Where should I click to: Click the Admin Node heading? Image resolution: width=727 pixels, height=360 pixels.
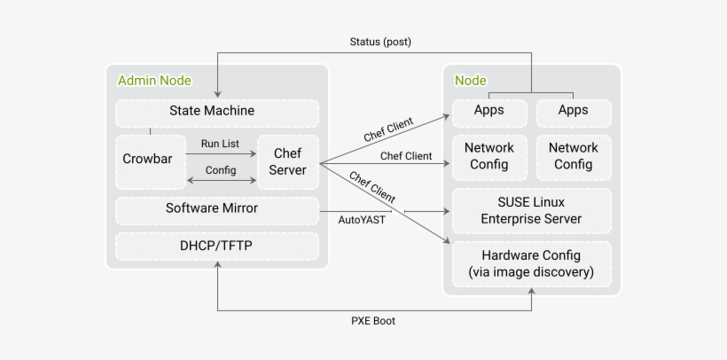pyautogui.click(x=153, y=81)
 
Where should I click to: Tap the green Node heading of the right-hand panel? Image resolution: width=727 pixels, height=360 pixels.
pyautogui.click(x=470, y=81)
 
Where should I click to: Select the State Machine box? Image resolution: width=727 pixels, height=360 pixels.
pyautogui.click(x=216, y=112)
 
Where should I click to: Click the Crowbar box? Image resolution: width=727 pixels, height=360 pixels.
pyautogui.click(x=150, y=160)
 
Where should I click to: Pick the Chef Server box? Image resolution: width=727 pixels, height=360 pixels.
pyautogui.click(x=287, y=161)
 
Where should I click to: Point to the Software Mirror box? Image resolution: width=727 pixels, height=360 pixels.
pyautogui.click(x=216, y=209)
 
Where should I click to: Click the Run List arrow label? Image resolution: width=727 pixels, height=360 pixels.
pyautogui.click(x=221, y=142)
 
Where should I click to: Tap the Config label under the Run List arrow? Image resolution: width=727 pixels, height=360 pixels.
pyautogui.click(x=221, y=170)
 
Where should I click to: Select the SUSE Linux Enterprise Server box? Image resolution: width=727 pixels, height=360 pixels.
pyautogui.click(x=531, y=211)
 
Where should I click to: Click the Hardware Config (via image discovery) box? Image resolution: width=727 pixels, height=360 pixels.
pyautogui.click(x=531, y=264)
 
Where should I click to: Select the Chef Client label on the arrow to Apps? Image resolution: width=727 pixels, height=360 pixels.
pyautogui.click(x=387, y=130)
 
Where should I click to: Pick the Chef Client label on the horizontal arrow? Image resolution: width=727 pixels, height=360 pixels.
pyautogui.click(x=405, y=156)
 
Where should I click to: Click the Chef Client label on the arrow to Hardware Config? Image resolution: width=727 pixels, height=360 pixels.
pyautogui.click(x=372, y=186)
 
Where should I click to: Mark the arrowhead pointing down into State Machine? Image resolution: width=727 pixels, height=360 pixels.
pyautogui.click(x=217, y=94)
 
